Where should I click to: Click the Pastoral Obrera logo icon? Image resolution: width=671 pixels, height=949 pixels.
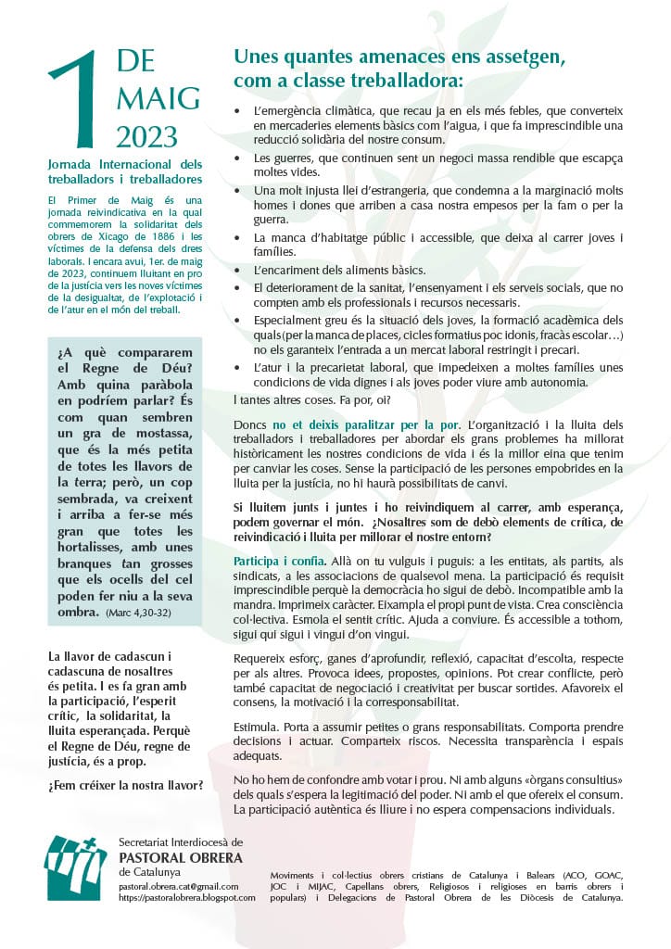76,867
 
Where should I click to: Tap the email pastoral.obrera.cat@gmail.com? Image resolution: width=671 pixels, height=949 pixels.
179,887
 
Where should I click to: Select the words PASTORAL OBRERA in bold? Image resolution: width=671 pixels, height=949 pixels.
181,857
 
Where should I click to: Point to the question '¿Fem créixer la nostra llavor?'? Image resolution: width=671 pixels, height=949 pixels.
125,786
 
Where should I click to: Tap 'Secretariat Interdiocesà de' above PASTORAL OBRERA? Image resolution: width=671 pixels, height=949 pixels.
181,841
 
